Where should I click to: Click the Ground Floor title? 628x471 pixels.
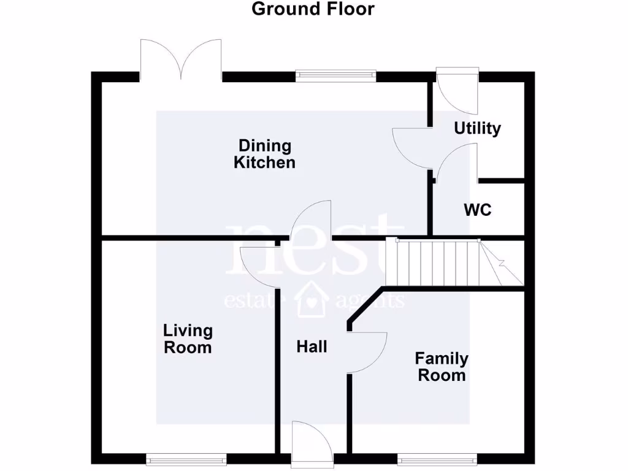tap(313, 9)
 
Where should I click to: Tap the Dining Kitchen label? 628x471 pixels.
tap(265, 154)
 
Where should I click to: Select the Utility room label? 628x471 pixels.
tap(477, 128)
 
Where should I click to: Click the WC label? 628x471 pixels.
tap(477, 210)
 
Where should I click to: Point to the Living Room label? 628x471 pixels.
tap(188, 339)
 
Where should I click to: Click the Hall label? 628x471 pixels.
tap(312, 347)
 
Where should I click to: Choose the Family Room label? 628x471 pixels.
tap(442, 366)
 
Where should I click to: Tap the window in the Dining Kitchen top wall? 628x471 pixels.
tap(335, 75)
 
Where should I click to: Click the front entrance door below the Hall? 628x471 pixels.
tap(312, 443)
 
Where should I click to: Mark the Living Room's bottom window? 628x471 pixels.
tap(186, 458)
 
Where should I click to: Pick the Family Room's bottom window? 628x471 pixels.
tap(437, 458)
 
